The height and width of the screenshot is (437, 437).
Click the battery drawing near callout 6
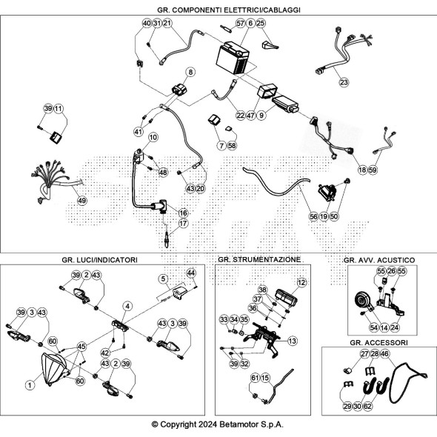(233, 58)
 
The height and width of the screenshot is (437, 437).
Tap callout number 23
(344, 82)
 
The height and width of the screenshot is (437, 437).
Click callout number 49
(82, 201)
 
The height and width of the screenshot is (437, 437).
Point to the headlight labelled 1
(54, 369)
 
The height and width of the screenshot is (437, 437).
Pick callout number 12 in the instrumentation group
(301, 283)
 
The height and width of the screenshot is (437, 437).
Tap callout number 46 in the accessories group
(384, 354)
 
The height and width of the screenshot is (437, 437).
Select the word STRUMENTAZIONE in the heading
(267, 260)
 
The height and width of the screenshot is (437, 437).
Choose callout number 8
(190, 72)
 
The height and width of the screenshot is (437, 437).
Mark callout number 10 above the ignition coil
(153, 137)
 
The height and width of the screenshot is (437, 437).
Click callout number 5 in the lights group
(163, 278)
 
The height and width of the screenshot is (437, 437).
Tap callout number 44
(191, 273)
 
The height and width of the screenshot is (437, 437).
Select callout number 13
(292, 341)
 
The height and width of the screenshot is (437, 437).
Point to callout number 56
(313, 216)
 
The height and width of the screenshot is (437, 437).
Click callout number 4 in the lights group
(127, 307)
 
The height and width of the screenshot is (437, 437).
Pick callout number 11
(59, 108)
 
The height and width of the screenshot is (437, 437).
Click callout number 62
(367, 406)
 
